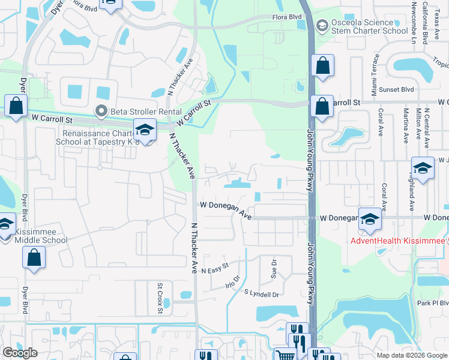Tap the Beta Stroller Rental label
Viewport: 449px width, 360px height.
(139, 110)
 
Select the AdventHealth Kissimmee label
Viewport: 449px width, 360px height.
(399, 241)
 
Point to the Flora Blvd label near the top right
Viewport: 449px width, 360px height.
(288, 18)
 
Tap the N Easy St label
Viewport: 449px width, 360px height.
(215, 268)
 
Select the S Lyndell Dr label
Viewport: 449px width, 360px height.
(262, 294)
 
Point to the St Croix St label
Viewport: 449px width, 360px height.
(160, 293)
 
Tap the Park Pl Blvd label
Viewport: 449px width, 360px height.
(432, 304)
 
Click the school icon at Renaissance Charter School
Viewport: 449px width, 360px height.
(144, 129)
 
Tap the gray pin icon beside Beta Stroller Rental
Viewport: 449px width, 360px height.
(101, 110)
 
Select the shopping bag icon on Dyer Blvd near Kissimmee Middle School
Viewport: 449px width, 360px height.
(34, 259)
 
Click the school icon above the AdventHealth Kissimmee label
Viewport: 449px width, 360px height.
(370, 221)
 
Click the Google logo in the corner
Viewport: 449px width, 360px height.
(20, 353)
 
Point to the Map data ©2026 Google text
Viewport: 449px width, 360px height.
(411, 355)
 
